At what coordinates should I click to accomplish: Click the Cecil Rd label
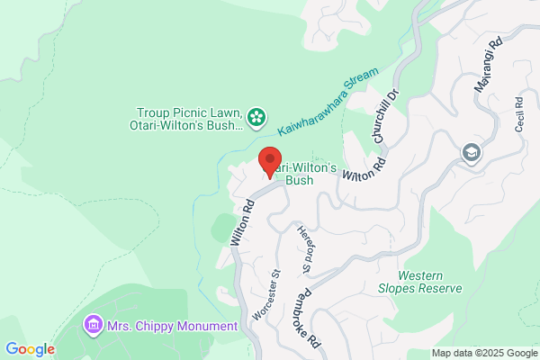click(x=519, y=115)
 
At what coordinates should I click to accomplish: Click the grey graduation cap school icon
click(x=470, y=154)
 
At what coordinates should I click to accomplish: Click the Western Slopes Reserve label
click(x=430, y=282)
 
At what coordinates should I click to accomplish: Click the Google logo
click(x=30, y=349)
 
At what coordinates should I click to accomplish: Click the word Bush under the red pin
click(x=299, y=180)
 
